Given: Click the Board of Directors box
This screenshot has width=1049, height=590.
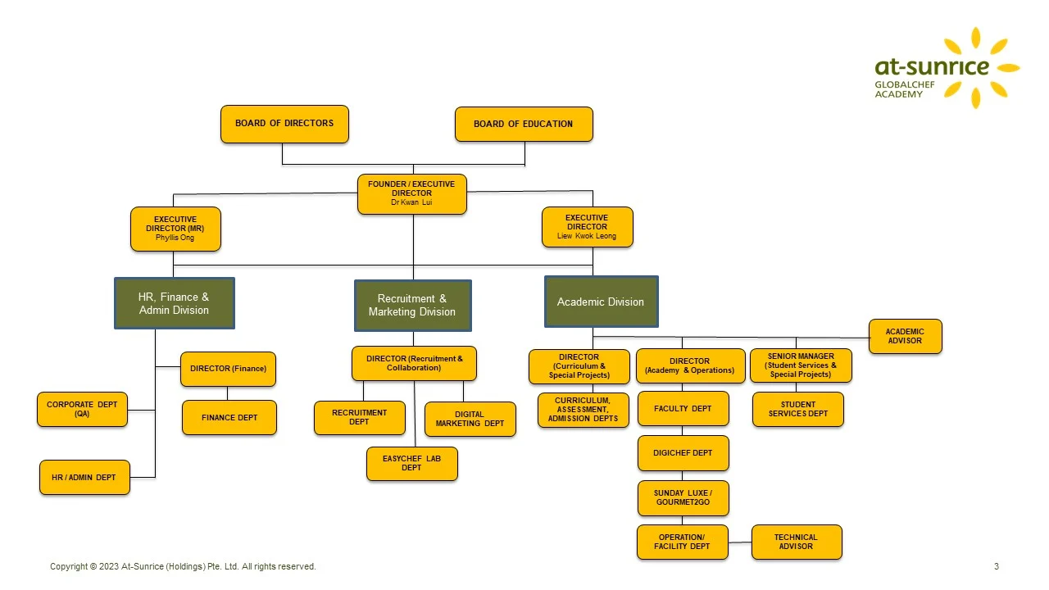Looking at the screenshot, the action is [284, 124].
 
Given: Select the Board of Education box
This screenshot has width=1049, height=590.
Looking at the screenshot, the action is [524, 124].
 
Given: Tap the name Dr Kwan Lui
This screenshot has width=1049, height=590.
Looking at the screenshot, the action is [411, 202].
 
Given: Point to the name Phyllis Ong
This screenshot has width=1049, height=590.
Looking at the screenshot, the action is [175, 238].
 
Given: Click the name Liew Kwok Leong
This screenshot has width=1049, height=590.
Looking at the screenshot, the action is [587, 236].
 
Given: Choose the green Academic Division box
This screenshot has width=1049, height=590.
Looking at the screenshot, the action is [602, 302].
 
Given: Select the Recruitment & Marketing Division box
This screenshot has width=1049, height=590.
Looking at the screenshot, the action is [412, 306].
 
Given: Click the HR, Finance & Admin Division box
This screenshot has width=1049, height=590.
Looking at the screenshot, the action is [175, 303].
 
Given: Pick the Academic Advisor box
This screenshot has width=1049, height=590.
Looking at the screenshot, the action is [906, 336].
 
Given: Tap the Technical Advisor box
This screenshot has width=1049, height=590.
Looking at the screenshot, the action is [797, 542].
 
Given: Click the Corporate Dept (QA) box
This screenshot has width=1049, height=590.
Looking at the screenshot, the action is [82, 409].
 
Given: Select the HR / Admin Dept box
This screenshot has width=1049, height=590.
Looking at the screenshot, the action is [84, 477].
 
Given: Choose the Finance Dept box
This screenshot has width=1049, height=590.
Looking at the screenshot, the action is [229, 417].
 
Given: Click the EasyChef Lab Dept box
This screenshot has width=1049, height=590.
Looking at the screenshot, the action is [411, 464].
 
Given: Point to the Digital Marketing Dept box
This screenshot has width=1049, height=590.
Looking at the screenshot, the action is [470, 419].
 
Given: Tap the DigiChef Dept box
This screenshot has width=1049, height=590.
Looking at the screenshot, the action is [683, 453].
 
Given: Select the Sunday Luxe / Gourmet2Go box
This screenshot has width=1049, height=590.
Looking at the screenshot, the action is [683, 497].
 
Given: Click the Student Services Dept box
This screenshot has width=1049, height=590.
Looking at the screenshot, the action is [798, 409].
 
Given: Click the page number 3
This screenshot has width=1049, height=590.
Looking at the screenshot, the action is [997, 566].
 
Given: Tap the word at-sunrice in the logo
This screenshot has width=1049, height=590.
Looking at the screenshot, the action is [932, 67].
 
